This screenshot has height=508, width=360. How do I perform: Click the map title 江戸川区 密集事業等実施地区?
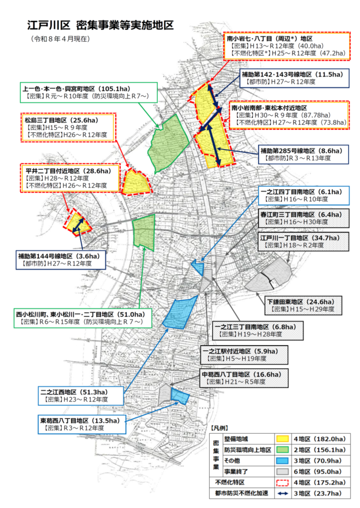pos(100,24)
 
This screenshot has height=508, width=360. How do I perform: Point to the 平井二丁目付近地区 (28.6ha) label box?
pos(70,178)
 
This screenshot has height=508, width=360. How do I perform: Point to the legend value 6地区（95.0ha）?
pos(321,471)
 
